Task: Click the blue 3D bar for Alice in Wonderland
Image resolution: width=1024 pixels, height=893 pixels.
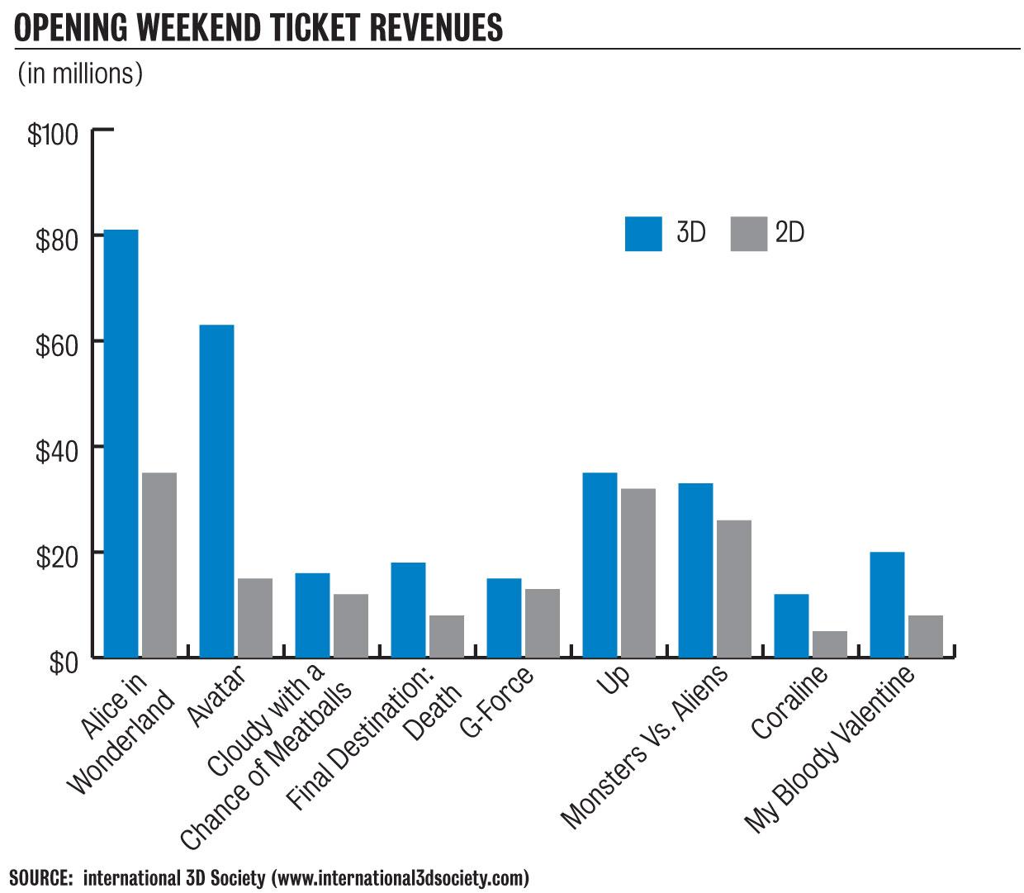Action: tap(121, 443)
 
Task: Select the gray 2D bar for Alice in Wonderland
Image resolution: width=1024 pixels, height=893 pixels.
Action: tap(159, 565)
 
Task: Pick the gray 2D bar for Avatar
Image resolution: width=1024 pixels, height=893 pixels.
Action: tap(254, 618)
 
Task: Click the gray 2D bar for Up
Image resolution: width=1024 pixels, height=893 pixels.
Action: tap(638, 572)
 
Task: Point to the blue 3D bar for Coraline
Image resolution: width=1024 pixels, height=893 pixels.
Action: tap(790, 625)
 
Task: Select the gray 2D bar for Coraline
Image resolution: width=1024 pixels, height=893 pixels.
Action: tap(829, 644)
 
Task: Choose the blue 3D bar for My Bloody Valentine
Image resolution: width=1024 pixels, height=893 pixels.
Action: tap(886, 604)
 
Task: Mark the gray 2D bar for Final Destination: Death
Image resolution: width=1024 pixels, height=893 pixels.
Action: tap(446, 636)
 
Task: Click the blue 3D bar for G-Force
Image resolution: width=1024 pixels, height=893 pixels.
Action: tap(504, 617)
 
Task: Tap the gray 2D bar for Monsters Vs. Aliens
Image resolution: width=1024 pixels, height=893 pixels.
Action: tap(733, 588)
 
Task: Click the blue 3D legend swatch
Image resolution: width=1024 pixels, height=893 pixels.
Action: tap(643, 234)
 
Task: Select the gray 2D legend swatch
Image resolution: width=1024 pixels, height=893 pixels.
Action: tap(748, 234)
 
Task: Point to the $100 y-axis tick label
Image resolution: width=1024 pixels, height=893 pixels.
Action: tap(52, 135)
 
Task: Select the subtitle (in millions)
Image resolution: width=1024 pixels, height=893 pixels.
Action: tap(80, 74)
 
